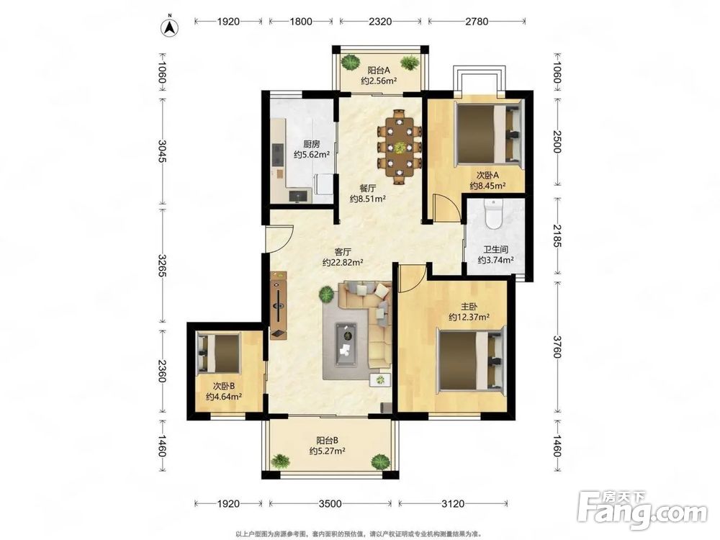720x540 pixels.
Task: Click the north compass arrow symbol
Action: tap(169, 27)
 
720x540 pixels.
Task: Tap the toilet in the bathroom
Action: tap(494, 214)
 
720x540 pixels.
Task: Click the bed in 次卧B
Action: tap(219, 353)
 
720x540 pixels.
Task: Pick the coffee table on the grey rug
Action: tap(346, 341)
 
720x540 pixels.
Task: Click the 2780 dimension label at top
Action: tap(477, 21)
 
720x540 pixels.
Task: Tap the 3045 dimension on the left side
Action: tap(162, 150)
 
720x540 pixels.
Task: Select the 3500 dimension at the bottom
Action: tap(330, 504)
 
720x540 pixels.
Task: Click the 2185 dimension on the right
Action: tap(557, 235)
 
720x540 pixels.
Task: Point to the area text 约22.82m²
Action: tap(343, 263)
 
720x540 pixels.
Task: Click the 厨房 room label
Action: tap(311, 144)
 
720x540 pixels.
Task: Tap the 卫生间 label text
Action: tap(495, 250)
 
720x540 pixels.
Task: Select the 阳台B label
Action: tap(328, 441)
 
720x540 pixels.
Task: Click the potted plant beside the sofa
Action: tap(326, 294)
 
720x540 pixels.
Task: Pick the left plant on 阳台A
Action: tap(351, 61)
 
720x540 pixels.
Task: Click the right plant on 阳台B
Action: tap(379, 461)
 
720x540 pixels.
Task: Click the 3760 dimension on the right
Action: tap(557, 347)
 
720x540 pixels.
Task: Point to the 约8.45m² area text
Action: tap(487, 186)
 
